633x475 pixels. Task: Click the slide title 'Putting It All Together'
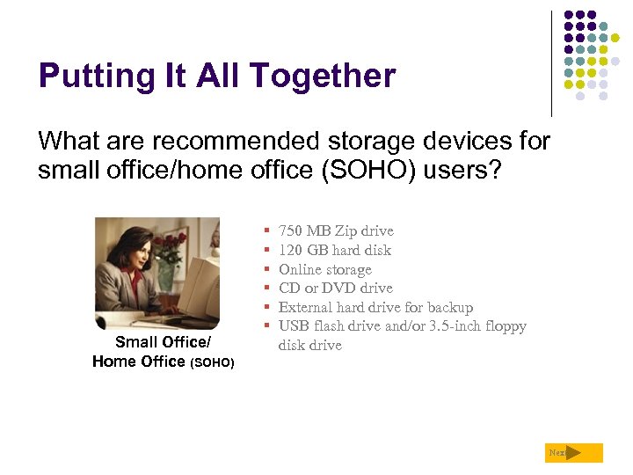tap(216, 77)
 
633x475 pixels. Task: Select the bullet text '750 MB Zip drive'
tap(336, 231)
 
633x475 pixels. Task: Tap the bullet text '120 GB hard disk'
tap(334, 251)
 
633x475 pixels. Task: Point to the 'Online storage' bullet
tap(324, 270)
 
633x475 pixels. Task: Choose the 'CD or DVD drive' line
tap(335, 289)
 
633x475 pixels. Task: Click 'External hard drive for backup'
tap(375, 308)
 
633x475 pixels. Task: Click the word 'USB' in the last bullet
tap(294, 326)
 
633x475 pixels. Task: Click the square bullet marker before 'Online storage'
tap(266, 270)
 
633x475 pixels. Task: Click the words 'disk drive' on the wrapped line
tap(309, 346)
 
